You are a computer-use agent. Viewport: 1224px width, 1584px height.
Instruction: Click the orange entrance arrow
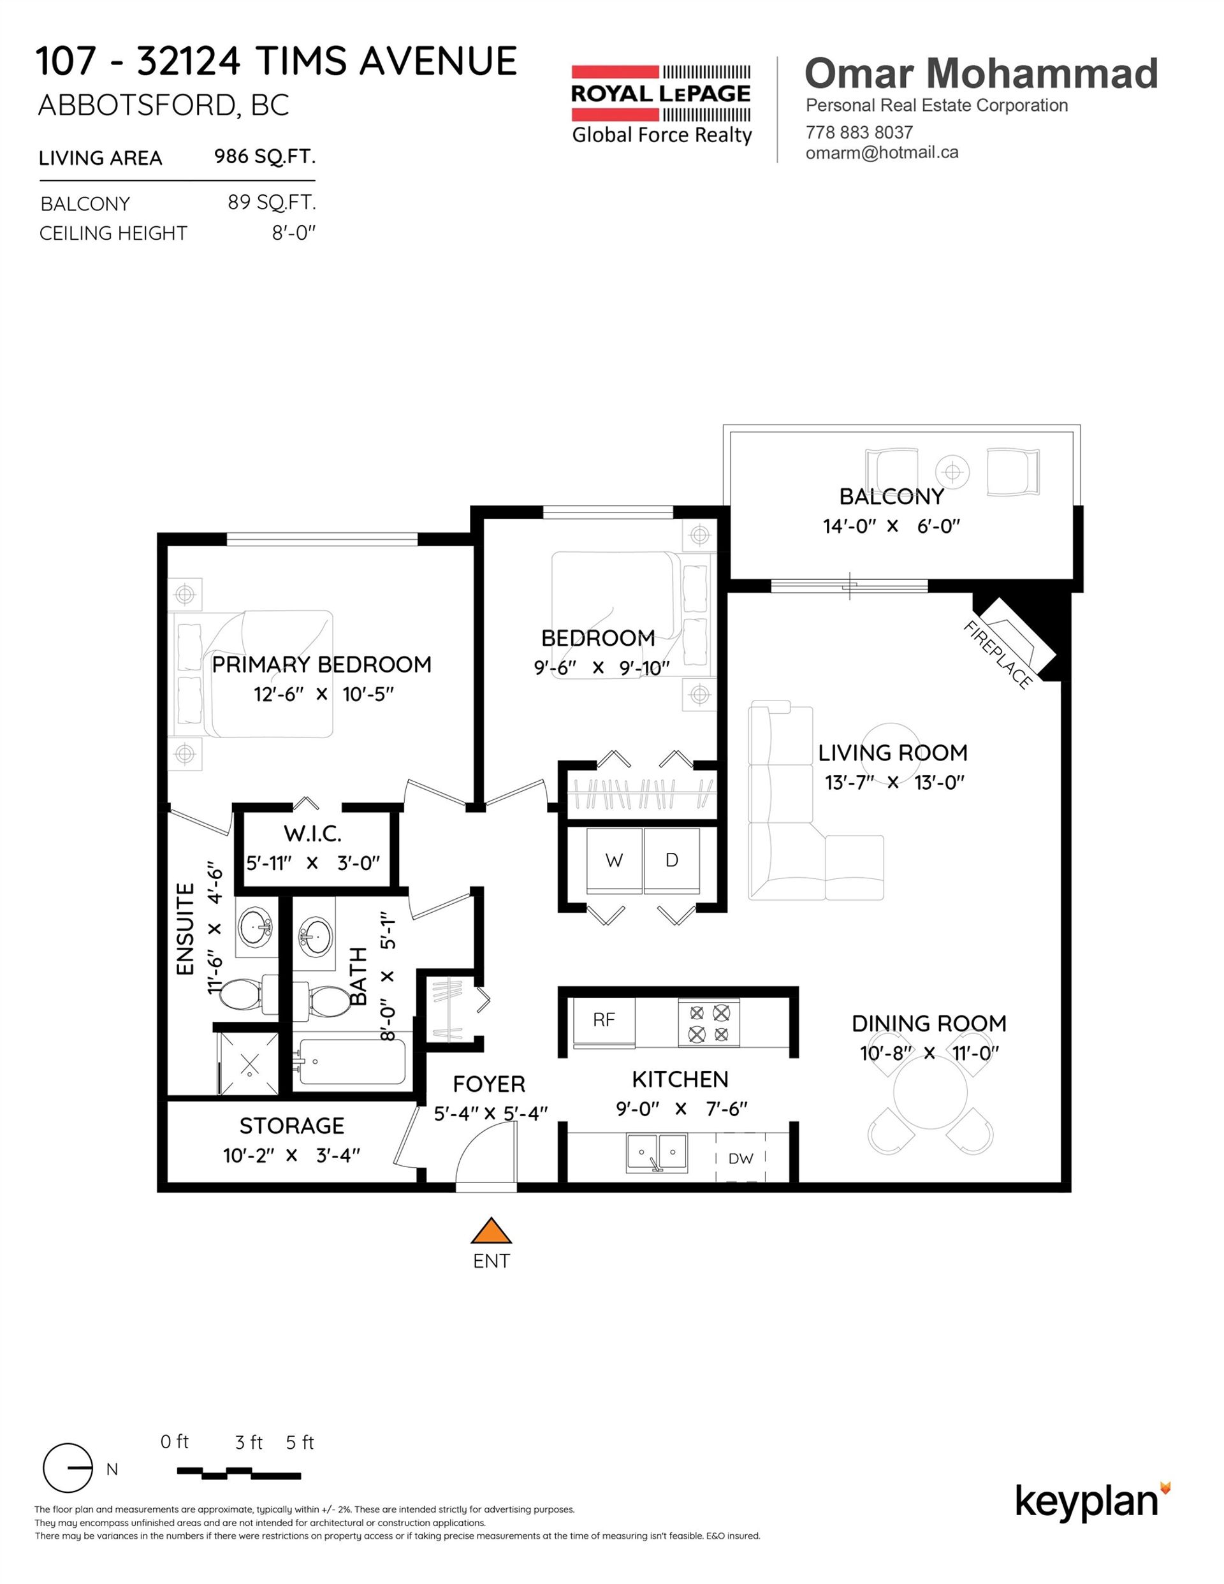(x=492, y=1231)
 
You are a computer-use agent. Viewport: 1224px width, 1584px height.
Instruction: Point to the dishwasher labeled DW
(x=741, y=1158)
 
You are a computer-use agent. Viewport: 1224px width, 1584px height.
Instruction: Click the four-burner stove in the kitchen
(x=709, y=1022)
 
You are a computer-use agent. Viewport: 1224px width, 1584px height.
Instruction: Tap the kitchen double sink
(x=657, y=1153)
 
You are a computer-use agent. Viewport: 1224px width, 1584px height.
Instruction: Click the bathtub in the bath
(x=352, y=1062)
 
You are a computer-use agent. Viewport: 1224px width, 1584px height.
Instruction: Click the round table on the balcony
(x=952, y=472)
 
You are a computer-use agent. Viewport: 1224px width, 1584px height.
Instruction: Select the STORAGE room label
(x=292, y=1126)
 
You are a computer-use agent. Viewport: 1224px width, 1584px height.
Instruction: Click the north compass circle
(x=68, y=1468)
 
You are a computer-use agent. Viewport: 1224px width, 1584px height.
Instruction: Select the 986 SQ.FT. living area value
(x=264, y=157)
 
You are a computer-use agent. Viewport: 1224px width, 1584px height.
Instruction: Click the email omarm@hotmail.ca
(x=882, y=152)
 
